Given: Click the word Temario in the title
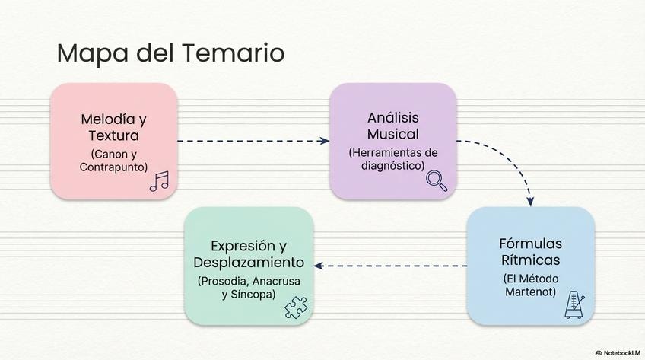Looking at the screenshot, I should [x=234, y=53].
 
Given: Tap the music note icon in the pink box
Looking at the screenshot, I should [x=159, y=181].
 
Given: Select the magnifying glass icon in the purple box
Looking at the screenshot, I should [x=436, y=180].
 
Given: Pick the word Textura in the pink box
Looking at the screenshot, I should [x=113, y=137].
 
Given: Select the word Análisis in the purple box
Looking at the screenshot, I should [x=393, y=118].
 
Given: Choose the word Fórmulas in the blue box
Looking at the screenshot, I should [x=530, y=244].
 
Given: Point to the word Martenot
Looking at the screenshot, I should [x=530, y=292].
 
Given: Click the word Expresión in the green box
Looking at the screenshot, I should [x=240, y=246].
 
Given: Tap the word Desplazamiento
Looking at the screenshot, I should [x=249, y=263].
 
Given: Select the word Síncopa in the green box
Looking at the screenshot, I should [x=254, y=294].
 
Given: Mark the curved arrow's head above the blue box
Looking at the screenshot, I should [x=531, y=200].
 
